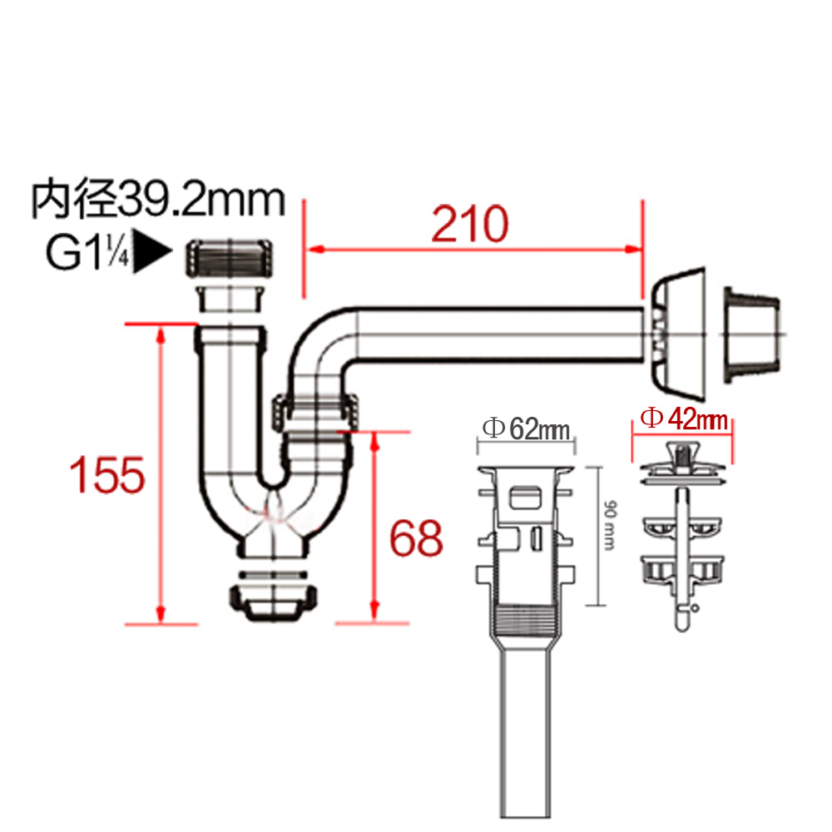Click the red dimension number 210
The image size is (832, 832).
[469, 224]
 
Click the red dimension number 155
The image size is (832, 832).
[107, 474]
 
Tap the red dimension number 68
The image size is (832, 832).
[417, 538]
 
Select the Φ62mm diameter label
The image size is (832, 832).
[527, 428]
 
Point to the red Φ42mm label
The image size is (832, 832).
[684, 418]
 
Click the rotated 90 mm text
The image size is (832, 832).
[610, 524]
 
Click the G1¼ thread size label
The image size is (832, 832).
[87, 253]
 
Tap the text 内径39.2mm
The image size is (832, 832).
[158, 199]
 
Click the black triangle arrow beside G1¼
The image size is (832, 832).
[152, 251]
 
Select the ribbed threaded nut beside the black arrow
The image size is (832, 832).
[230, 259]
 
